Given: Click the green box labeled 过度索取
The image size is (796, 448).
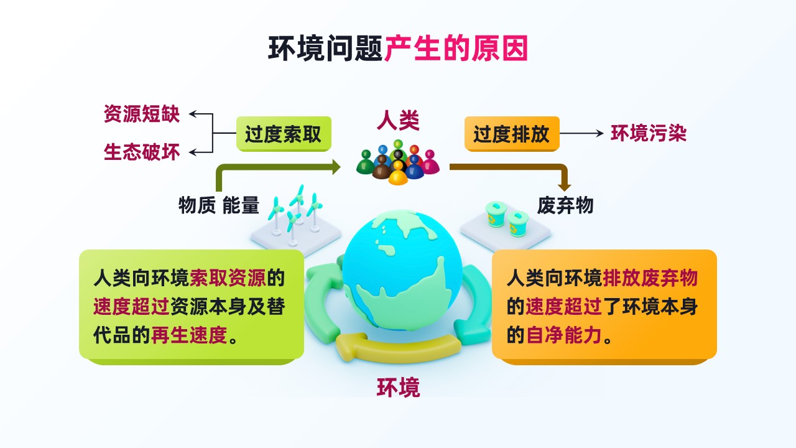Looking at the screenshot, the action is point(284,134).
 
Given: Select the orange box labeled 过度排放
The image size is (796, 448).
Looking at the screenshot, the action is point(512,134).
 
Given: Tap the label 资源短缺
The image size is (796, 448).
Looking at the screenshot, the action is point(142,114).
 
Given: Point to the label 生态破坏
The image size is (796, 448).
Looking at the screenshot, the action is point(142,152).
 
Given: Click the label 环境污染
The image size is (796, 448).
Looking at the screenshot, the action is point(649,134).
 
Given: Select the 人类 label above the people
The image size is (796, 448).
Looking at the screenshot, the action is point(398,121).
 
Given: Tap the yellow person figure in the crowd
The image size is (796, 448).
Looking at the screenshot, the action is point(398,173).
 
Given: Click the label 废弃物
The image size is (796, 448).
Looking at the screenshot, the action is point(565,205).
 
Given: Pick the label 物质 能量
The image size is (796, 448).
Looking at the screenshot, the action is point(218,205).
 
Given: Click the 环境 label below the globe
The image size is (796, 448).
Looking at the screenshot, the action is point(399,388).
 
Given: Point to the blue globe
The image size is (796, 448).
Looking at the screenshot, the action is point(402,270).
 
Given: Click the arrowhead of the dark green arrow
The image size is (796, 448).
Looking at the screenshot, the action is point(336,167).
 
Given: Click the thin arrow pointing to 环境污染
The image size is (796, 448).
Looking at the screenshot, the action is point(581,134).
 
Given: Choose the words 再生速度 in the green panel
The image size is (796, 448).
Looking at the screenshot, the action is point(189,335).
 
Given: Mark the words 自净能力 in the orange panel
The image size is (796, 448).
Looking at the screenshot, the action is point(564,335).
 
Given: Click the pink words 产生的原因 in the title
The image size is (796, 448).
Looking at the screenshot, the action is point(456,49).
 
